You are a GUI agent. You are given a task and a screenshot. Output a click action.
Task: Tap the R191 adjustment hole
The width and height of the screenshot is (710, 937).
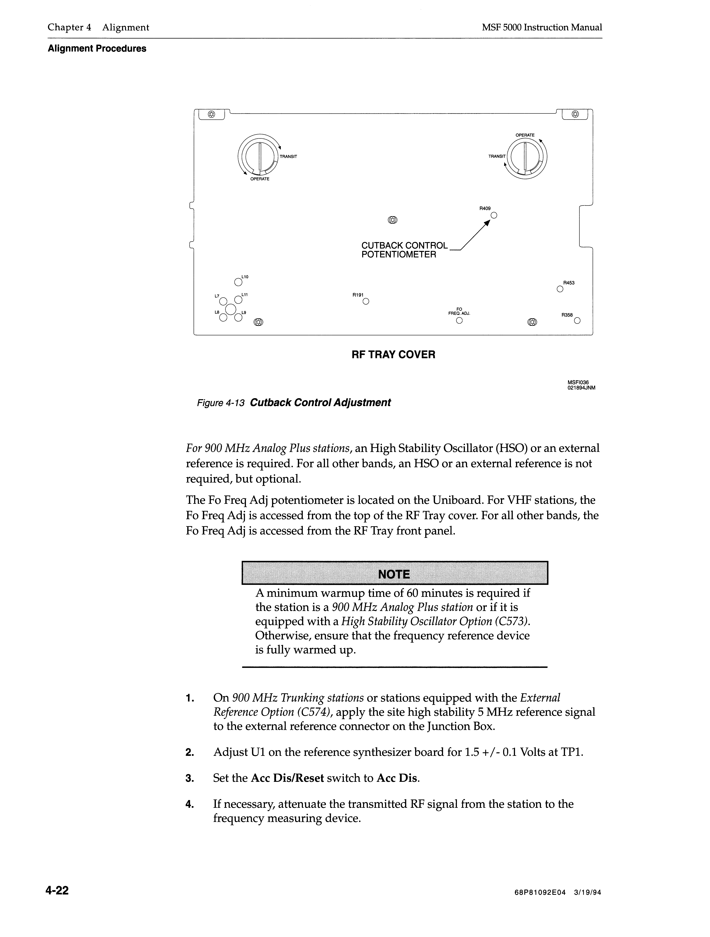tap(366, 302)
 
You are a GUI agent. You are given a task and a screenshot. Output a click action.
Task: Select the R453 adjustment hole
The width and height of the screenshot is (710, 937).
tap(560, 290)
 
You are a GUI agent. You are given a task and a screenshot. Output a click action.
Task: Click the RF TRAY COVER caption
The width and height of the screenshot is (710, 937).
tap(393, 355)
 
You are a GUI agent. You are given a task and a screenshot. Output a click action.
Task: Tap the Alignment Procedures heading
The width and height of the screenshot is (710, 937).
tap(97, 49)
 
